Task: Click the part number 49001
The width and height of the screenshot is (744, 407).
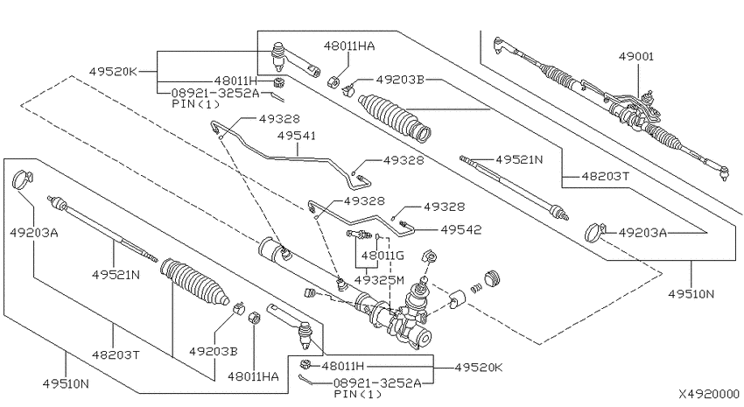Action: [635, 56]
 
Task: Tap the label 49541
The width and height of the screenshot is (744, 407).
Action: [297, 136]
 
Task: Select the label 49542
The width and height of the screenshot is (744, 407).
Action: [460, 229]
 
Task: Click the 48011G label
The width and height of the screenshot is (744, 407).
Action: [383, 256]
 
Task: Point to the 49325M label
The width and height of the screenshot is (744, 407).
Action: [380, 280]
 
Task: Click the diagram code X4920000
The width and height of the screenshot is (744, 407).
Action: [709, 394]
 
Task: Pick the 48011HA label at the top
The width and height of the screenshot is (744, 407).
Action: [349, 46]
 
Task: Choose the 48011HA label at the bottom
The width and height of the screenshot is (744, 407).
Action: [253, 376]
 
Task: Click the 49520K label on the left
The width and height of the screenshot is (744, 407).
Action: [113, 72]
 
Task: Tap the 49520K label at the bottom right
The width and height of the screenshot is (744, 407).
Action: [478, 368]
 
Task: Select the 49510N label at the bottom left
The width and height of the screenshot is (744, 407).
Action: [66, 383]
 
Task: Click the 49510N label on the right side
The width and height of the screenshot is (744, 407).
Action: [691, 294]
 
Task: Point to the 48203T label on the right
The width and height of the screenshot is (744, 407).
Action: [606, 177]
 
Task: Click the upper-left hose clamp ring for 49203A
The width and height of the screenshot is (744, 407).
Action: [22, 179]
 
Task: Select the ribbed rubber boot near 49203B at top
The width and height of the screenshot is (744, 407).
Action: [395, 118]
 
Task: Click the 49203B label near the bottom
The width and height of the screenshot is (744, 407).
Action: [214, 352]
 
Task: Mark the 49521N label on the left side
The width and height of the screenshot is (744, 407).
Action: [116, 275]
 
